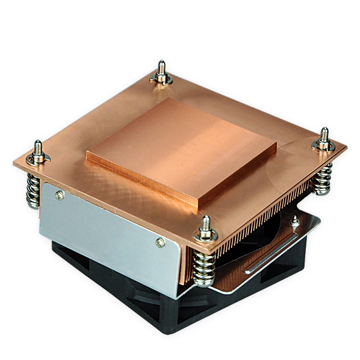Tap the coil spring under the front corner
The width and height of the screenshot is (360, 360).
[204, 268]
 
